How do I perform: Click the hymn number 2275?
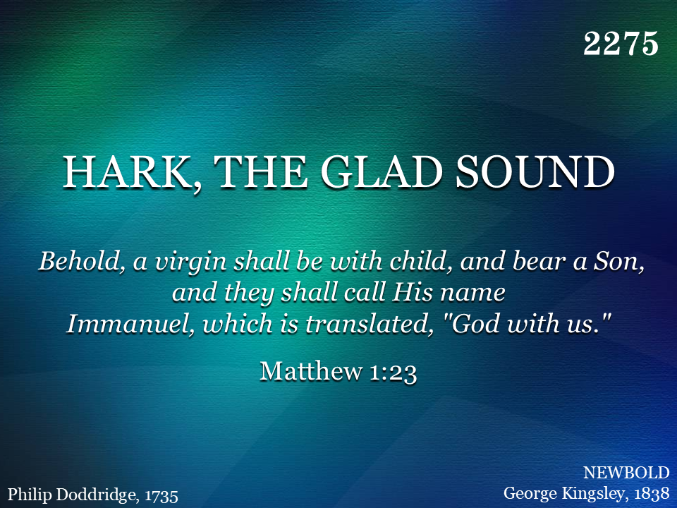point(621,44)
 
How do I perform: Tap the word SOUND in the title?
point(535,172)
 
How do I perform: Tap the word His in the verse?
point(413,292)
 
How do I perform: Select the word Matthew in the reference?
point(311,371)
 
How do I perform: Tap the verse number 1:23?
point(394,373)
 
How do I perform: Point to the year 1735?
point(161,496)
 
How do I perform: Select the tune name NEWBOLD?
point(626,473)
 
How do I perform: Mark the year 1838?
point(652,494)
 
